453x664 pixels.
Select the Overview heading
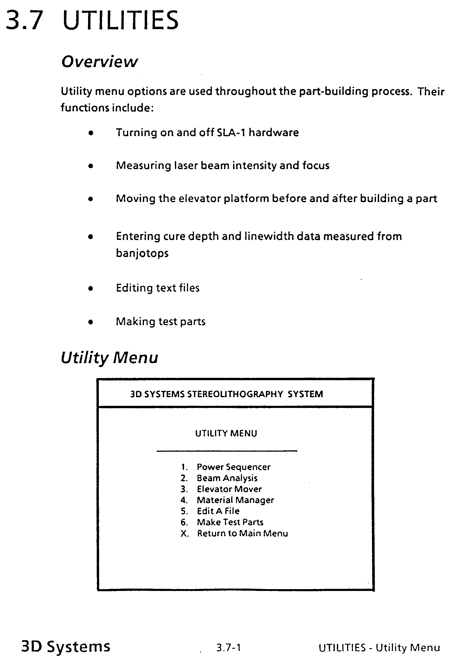click(100, 62)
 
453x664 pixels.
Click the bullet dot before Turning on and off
click(91, 133)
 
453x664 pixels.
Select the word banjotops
click(142, 253)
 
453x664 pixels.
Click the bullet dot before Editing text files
click(91, 289)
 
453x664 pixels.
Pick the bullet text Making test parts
click(160, 322)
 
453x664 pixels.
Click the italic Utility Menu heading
click(109, 358)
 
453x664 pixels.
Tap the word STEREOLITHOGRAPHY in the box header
click(235, 394)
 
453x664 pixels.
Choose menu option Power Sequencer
click(233, 467)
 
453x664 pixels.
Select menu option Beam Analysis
click(227, 478)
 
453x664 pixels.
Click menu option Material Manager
click(235, 500)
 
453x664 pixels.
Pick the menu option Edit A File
click(218, 511)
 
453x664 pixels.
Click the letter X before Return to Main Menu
click(184, 534)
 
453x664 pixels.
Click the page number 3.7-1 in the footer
click(228, 648)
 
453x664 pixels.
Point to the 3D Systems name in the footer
click(66, 646)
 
